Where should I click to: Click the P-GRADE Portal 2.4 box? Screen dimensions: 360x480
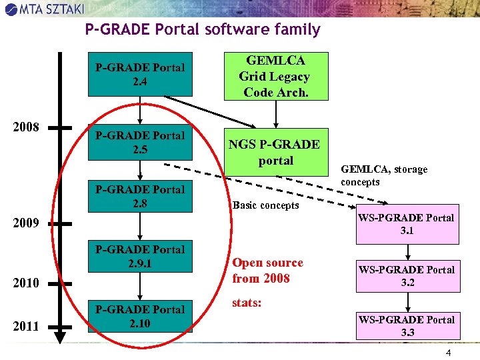point(140,75)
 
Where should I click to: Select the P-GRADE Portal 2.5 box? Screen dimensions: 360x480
point(140,143)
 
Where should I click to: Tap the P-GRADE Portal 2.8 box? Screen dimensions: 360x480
point(140,197)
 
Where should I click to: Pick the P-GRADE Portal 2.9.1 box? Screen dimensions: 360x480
point(140,257)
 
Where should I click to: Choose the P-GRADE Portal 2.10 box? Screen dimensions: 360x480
point(140,317)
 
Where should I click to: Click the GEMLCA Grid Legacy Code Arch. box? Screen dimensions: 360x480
point(275,76)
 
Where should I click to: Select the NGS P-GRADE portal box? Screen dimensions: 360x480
point(275,152)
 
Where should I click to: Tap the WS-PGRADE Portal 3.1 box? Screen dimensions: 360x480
point(406,225)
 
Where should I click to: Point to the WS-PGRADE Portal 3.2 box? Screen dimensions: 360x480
point(406,276)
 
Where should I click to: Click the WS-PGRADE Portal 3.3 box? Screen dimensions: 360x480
point(406,326)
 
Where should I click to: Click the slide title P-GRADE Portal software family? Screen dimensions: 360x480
point(203,30)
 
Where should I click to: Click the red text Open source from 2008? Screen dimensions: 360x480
point(267,271)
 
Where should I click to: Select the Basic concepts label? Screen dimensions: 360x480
point(265,205)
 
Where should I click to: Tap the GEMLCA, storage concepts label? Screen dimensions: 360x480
point(384,176)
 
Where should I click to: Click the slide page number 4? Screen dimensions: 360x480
point(449,351)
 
